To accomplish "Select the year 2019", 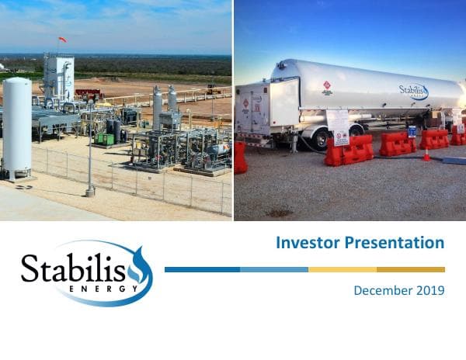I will pyautogui.click(x=430, y=290).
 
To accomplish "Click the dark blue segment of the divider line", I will pyautogui.click(x=202, y=269).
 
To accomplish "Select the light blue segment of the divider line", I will pyautogui.click(x=273, y=269).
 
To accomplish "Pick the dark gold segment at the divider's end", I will pyautogui.click(x=411, y=269).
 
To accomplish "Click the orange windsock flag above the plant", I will pyautogui.click(x=62, y=40).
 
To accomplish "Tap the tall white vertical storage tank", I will pyautogui.click(x=17, y=124).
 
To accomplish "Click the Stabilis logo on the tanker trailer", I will pyautogui.click(x=413, y=92).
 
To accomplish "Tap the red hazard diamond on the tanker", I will pyautogui.click(x=328, y=85).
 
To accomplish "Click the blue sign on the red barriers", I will pyautogui.click(x=412, y=131).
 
